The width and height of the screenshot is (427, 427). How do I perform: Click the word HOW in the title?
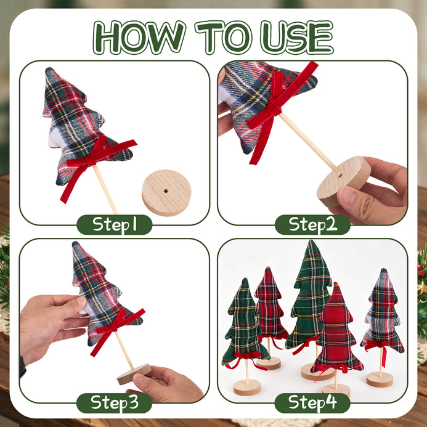click(x=139, y=38)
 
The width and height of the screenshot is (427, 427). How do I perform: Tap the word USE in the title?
click(x=297, y=38)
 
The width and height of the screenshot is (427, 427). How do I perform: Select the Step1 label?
click(x=115, y=225)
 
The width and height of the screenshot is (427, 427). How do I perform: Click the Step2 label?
click(x=312, y=225)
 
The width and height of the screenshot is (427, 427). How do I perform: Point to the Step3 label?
click(x=115, y=403)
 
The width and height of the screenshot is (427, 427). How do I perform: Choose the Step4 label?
click(x=312, y=403)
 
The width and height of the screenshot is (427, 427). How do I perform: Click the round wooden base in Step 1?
click(x=166, y=193)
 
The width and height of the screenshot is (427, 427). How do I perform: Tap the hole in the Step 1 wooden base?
click(x=166, y=190)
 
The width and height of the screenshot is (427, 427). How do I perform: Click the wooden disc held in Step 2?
click(x=344, y=181)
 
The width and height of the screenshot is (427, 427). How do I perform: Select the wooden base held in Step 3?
click(x=134, y=374)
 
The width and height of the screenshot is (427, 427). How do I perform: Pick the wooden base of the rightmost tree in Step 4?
click(x=380, y=380)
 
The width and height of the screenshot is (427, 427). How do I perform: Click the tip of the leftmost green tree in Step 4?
click(x=245, y=279)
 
